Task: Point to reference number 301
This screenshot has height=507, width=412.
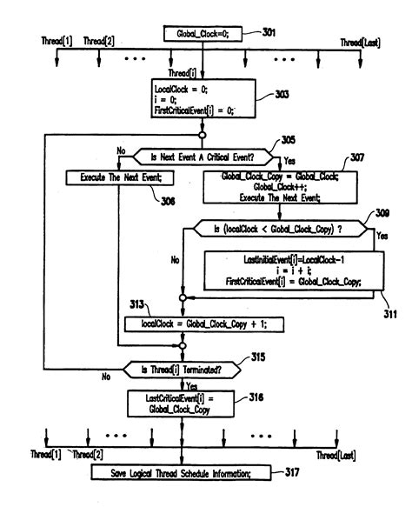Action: tap(270, 32)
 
